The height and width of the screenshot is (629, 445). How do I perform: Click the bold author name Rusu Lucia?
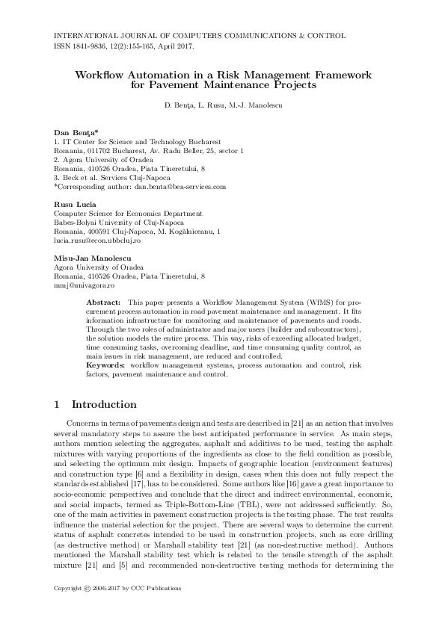tap(74, 204)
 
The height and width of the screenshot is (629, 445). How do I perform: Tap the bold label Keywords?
tap(108, 365)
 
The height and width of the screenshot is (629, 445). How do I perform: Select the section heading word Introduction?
tap(104, 405)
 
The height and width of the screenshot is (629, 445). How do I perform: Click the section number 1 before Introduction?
tap(57, 405)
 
